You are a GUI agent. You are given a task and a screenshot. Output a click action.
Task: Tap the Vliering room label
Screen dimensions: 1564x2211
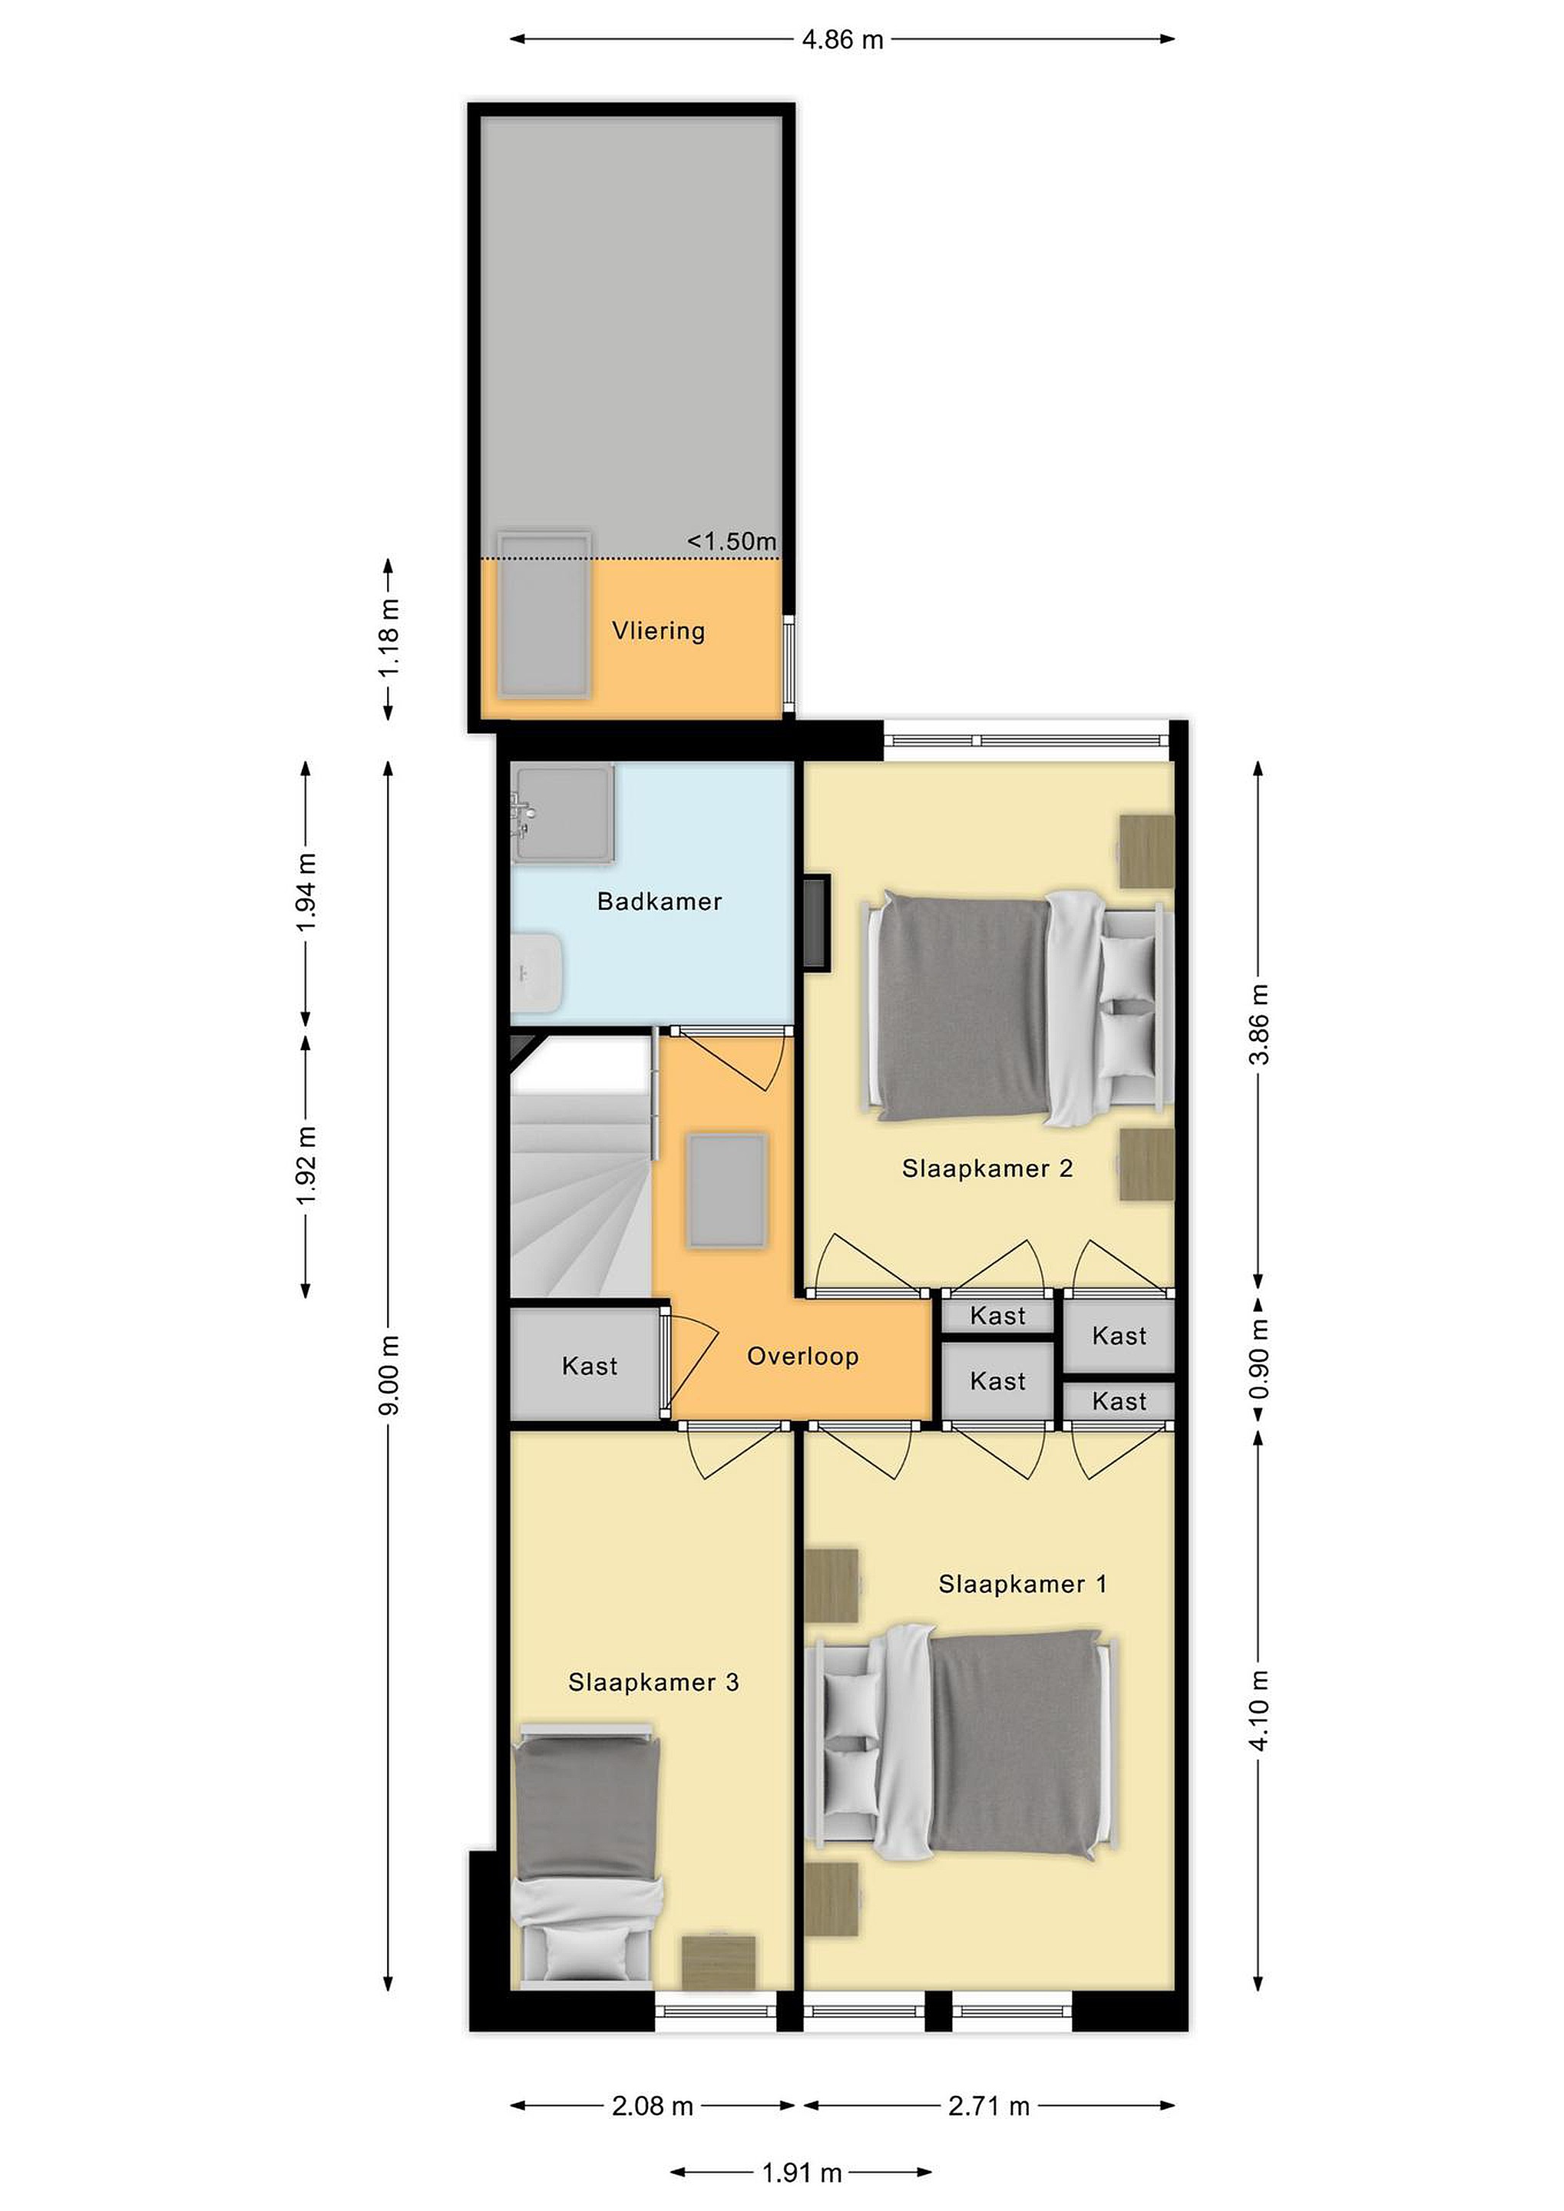[659, 631]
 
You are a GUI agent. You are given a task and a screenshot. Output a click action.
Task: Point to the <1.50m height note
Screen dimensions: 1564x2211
[731, 541]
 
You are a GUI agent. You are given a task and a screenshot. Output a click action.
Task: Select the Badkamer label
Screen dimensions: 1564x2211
[660, 901]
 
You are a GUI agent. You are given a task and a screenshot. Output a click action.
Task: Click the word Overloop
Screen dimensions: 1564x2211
[802, 1356]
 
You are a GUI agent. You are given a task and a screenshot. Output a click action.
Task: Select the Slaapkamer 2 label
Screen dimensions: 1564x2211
[987, 1168]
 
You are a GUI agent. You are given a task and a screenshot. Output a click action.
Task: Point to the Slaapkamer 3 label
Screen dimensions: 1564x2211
[654, 1682]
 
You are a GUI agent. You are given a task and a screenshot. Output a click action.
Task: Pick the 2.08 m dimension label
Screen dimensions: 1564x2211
[652, 2106]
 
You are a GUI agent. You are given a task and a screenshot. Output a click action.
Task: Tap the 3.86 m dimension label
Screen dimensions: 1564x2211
[1258, 1023]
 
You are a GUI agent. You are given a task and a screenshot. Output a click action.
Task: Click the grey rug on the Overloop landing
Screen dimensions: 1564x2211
[727, 1192]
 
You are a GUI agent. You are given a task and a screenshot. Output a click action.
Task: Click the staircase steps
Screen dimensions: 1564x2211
[580, 1194]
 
